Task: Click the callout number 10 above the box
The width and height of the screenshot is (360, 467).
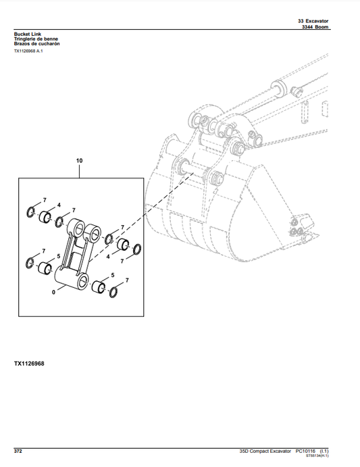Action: pos(79,161)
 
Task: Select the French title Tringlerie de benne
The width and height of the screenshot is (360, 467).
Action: pos(36,39)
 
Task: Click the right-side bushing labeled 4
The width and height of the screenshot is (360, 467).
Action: pos(124,245)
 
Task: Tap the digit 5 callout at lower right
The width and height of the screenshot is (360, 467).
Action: pos(113,276)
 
